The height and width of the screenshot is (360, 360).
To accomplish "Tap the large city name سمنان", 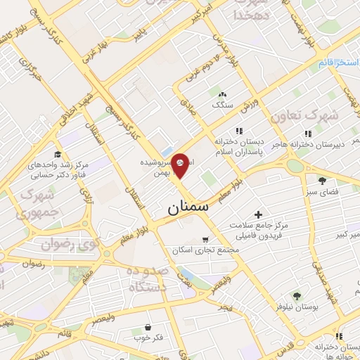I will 189,208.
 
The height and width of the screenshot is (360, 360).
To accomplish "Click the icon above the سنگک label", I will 223,94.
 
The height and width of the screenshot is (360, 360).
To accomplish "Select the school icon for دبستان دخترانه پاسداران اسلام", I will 239,131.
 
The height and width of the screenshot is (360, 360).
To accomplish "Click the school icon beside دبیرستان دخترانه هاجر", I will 307,134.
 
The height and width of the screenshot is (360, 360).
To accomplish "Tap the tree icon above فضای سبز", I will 322,180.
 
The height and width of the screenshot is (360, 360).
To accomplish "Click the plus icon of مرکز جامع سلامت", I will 258,214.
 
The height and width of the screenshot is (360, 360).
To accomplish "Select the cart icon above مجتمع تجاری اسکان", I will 205,239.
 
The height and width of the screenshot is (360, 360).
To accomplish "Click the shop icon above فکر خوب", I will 148,327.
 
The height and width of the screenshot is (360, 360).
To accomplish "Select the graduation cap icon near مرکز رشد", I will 57,155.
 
